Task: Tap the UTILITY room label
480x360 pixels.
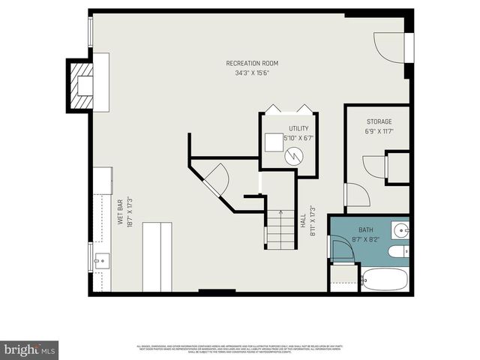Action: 288,129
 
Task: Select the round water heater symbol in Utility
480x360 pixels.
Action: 294,155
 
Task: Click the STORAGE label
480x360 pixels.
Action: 379,121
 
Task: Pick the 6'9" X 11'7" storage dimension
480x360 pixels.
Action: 379,131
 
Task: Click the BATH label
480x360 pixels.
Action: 365,230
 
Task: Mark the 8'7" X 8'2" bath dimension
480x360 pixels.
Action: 365,240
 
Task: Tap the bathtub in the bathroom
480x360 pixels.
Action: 383,280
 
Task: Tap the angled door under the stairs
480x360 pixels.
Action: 215,179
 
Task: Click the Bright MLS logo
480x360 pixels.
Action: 30,349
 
